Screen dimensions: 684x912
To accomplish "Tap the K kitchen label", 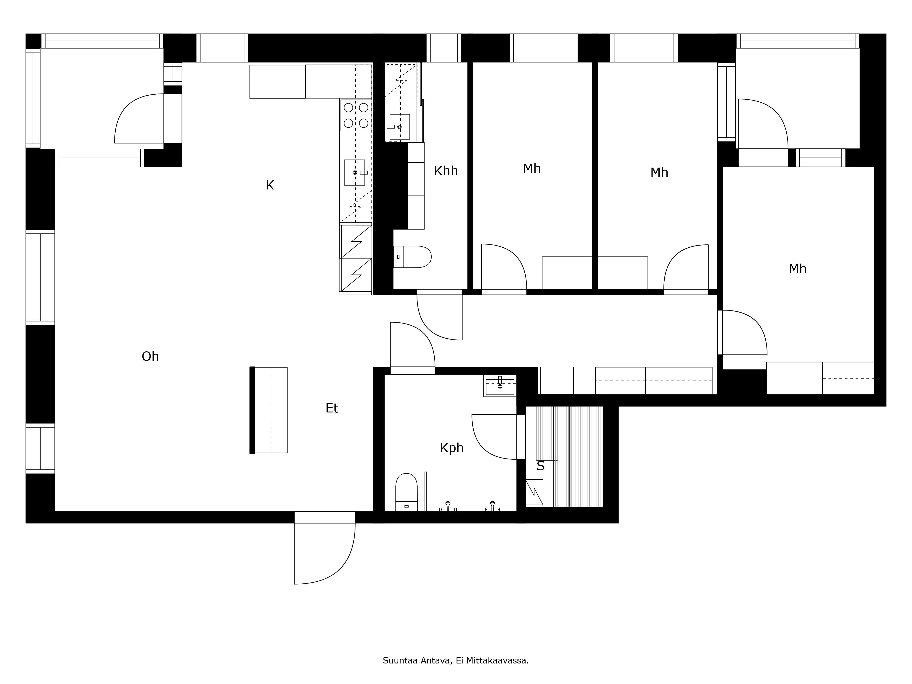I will [x=270, y=186].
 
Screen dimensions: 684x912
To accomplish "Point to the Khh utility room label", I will [x=446, y=171].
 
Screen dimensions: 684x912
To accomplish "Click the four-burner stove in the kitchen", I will [x=356, y=115].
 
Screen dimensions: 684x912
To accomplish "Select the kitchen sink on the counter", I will [x=355, y=172].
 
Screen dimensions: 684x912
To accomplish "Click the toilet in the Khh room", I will [x=412, y=257].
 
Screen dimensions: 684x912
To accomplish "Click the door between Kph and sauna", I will [x=495, y=437].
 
